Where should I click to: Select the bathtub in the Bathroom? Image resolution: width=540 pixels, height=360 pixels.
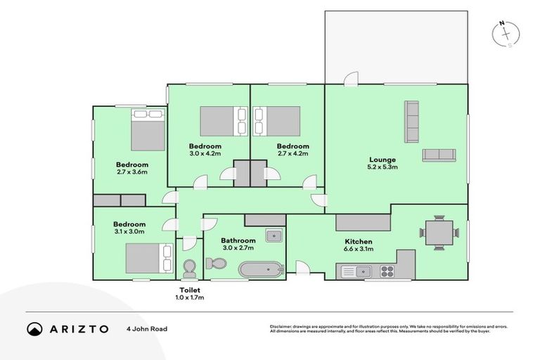261,269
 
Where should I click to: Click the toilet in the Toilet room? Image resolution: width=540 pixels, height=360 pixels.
189,268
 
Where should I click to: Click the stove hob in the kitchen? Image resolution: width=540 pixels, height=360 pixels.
387,271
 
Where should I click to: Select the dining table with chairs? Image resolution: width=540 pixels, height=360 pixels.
435,232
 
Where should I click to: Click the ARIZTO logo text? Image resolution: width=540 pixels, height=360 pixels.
78,328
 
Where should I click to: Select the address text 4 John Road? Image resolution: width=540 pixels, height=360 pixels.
147,328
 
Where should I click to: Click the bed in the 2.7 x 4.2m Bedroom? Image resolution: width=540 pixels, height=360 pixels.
277,121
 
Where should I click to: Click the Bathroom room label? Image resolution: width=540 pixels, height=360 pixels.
238,240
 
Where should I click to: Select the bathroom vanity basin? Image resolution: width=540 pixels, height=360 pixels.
274,235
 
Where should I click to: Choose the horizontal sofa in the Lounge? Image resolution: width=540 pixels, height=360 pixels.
439,155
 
